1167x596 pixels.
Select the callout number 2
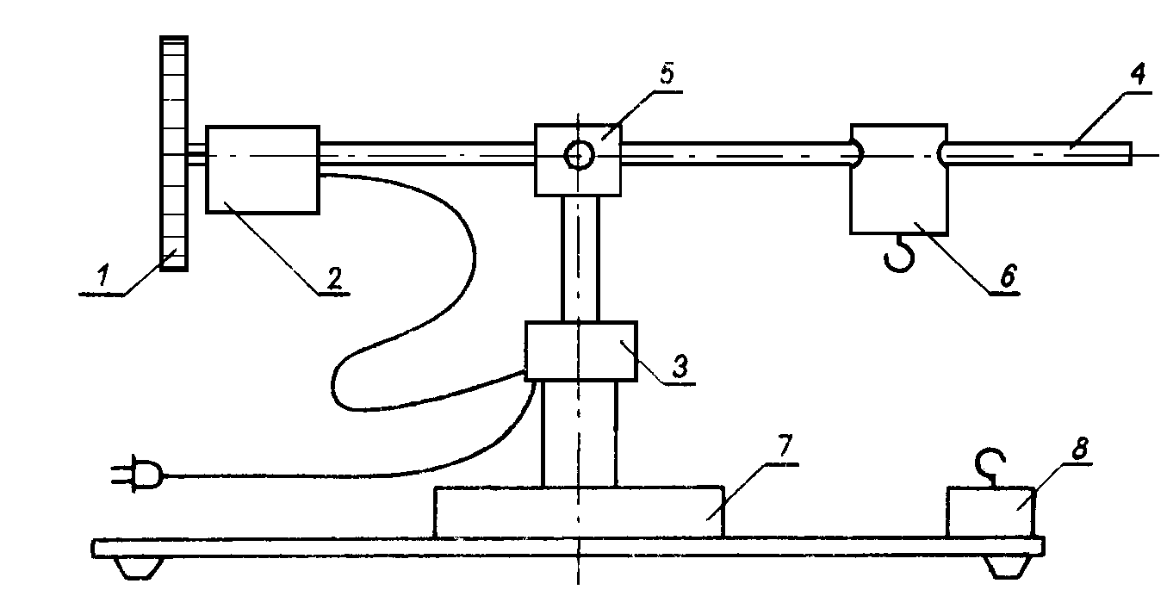[334, 277]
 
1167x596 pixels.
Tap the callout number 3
[680, 365]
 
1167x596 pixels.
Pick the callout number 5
[667, 75]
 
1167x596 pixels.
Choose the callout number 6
[1007, 276]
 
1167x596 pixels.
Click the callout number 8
[1081, 448]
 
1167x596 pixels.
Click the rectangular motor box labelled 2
[263, 169]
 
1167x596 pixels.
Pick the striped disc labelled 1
[173, 154]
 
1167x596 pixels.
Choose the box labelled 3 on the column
[580, 351]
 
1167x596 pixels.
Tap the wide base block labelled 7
[579, 512]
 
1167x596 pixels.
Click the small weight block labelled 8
[990, 512]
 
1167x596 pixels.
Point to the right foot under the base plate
[1007, 568]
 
